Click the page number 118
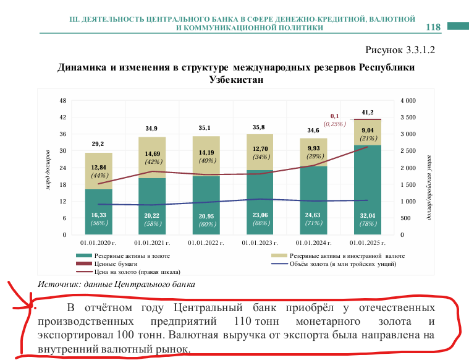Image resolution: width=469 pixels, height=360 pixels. [433, 27]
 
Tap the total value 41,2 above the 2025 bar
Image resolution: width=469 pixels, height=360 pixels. [368, 112]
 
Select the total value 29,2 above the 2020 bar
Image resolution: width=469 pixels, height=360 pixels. [98, 144]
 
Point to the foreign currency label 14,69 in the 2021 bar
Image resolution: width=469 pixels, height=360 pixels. [151, 154]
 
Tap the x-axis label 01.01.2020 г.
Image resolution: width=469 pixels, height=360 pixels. [99, 244]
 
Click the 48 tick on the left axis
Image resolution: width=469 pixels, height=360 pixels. [62, 100]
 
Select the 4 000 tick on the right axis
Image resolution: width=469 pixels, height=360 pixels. [408, 100]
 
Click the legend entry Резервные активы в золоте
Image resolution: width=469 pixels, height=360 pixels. [132, 255]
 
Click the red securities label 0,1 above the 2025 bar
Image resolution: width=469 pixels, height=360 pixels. [336, 116]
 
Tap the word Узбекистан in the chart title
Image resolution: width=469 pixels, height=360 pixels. [235, 80]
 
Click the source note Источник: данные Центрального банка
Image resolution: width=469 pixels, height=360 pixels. [116, 285]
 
